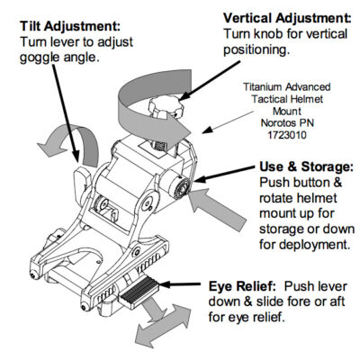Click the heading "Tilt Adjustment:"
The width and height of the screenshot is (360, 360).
[70, 26]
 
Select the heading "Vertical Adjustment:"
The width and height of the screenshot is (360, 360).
[287, 18]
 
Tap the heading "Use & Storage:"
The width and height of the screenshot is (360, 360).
[306, 166]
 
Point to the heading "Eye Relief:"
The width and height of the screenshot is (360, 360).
[242, 286]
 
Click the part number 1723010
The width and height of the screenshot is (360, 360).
[287, 135]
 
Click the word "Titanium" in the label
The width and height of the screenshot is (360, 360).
[262, 87]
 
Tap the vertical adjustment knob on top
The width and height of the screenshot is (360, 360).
[166, 107]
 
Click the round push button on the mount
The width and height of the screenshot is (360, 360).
[180, 188]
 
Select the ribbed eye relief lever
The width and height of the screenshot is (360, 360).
[139, 292]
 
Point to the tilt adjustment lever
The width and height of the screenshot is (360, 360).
[82, 182]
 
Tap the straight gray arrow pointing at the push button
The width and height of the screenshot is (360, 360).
[218, 210]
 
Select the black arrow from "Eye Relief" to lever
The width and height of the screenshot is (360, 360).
[180, 284]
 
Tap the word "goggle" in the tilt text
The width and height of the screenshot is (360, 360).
[40, 58]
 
